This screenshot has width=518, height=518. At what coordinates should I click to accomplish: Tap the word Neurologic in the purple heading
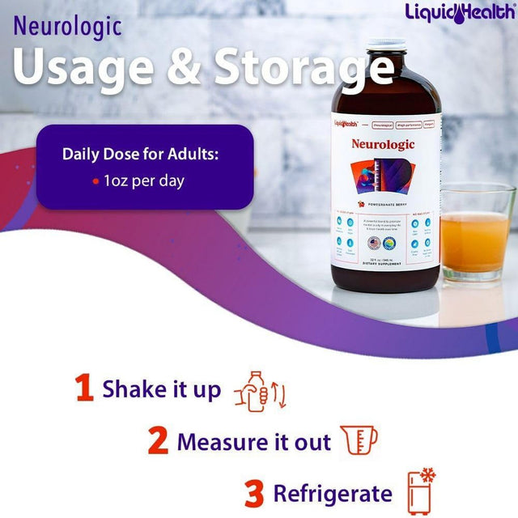tap(67, 27)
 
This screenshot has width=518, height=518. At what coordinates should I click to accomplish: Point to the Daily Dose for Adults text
tap(144, 154)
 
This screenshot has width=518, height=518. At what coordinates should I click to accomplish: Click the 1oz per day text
tap(144, 180)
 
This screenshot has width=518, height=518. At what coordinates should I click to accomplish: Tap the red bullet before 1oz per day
tap(96, 181)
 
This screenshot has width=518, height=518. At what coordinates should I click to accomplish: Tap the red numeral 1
tap(84, 389)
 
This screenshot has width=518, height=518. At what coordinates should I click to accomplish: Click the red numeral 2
tap(159, 442)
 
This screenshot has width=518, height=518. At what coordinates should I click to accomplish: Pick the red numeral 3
tap(255, 493)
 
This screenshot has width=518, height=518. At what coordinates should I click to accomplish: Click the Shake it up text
tap(161, 390)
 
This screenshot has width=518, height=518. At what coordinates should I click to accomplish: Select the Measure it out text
tap(253, 442)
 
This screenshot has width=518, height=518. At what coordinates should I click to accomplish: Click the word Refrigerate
tap(333, 494)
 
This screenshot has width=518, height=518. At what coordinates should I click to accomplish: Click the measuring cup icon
tap(359, 440)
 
